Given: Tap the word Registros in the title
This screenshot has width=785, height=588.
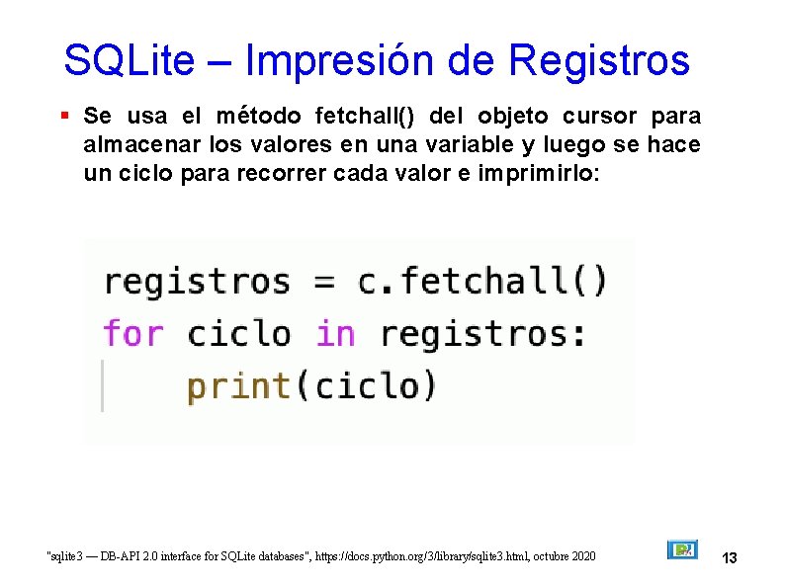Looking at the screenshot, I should (597, 60).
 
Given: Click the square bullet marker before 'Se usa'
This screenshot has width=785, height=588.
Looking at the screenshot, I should (64, 116).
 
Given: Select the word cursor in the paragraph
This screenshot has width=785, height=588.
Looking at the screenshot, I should (602, 116).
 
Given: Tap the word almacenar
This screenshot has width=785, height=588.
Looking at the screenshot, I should (134, 145).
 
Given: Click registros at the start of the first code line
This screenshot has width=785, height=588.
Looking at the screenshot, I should (197, 282).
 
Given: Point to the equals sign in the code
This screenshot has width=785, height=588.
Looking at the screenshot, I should (323, 283).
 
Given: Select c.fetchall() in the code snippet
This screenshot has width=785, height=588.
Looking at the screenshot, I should (481, 282).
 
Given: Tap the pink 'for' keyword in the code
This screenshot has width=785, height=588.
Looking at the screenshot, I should (132, 333).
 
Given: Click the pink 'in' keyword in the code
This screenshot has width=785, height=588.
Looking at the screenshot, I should (335, 333).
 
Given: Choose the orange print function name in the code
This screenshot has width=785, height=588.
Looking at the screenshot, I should (238, 385).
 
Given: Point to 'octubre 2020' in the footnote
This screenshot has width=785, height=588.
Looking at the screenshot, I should (566, 557).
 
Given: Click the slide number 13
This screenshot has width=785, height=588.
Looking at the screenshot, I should (730, 558).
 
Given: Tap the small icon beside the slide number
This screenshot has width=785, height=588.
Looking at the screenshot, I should (682, 549).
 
